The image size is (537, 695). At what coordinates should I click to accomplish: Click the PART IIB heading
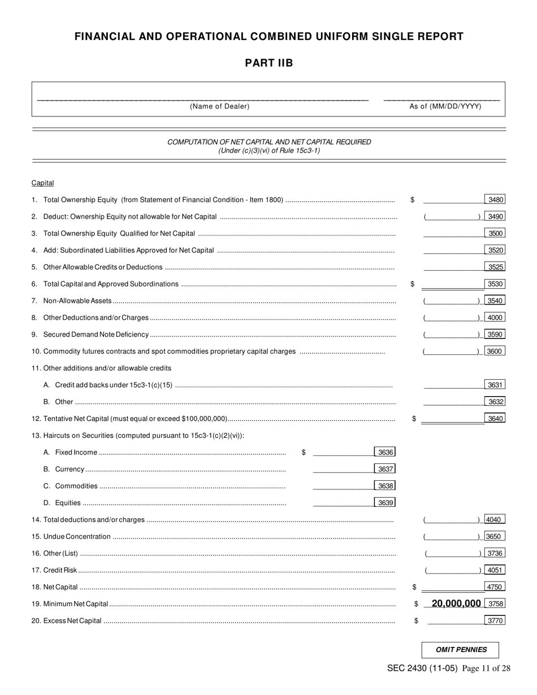(x=268, y=63)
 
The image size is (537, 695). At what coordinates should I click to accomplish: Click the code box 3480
(x=495, y=199)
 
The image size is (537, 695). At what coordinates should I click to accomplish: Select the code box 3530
(x=495, y=284)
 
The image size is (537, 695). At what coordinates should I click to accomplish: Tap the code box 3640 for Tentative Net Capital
(x=495, y=419)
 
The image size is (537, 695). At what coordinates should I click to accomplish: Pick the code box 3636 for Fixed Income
(x=385, y=452)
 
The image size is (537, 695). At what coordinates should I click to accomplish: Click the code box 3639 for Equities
(x=385, y=503)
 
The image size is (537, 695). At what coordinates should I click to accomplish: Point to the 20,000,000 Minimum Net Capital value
(x=456, y=603)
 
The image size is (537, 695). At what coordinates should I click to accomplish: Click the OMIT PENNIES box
(x=461, y=650)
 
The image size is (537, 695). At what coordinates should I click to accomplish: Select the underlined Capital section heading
(x=43, y=183)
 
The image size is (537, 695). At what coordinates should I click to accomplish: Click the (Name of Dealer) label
(x=219, y=106)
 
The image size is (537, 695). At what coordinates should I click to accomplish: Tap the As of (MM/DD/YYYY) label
(x=445, y=106)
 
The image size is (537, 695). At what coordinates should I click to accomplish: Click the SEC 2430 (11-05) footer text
(x=422, y=668)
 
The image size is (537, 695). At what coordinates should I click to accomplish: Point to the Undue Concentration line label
(x=77, y=536)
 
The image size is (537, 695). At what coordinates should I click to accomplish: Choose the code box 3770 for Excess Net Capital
(x=495, y=620)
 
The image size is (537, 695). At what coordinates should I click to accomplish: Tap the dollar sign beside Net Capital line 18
(x=414, y=587)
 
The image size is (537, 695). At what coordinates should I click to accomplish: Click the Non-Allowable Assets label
(x=77, y=301)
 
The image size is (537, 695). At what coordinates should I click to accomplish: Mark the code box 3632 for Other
(x=495, y=402)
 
